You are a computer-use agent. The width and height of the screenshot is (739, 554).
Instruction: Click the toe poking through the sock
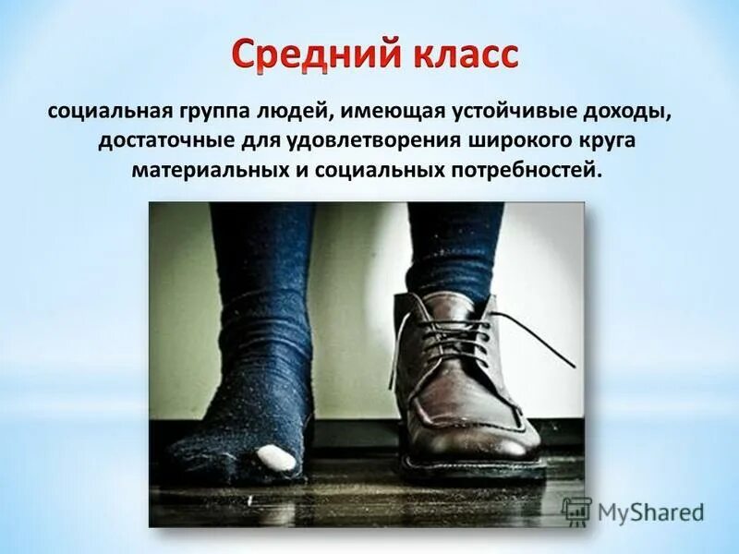[x=274, y=456]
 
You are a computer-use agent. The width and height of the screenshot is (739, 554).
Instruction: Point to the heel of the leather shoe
[x=406, y=434]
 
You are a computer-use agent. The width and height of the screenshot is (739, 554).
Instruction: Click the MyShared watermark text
[x=649, y=512]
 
